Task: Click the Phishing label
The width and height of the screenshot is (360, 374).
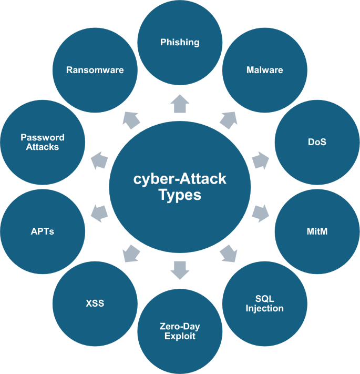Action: tap(180, 42)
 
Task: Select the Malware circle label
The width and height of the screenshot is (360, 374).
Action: tap(264, 70)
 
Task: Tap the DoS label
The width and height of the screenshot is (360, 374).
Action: tap(317, 141)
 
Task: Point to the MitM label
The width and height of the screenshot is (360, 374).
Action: tap(317, 231)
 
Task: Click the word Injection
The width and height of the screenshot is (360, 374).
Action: tap(264, 308)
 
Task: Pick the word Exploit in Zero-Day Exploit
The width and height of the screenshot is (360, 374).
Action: tap(180, 336)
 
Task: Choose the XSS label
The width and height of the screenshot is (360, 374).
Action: tap(95, 304)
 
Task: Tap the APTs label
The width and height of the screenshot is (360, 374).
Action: tap(43, 231)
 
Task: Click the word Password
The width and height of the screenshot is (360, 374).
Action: tap(43, 137)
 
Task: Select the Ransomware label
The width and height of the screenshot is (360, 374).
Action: tap(95, 70)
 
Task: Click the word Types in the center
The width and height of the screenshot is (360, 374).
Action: tap(180, 195)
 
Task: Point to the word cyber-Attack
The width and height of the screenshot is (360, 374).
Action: tap(180, 179)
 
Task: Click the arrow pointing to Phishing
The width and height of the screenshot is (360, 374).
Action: tap(180, 104)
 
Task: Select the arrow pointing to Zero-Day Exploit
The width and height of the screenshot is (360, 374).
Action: tap(180, 269)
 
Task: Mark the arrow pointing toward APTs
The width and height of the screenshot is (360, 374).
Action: tap(99, 213)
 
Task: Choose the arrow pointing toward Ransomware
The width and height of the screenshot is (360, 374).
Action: tap(132, 120)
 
